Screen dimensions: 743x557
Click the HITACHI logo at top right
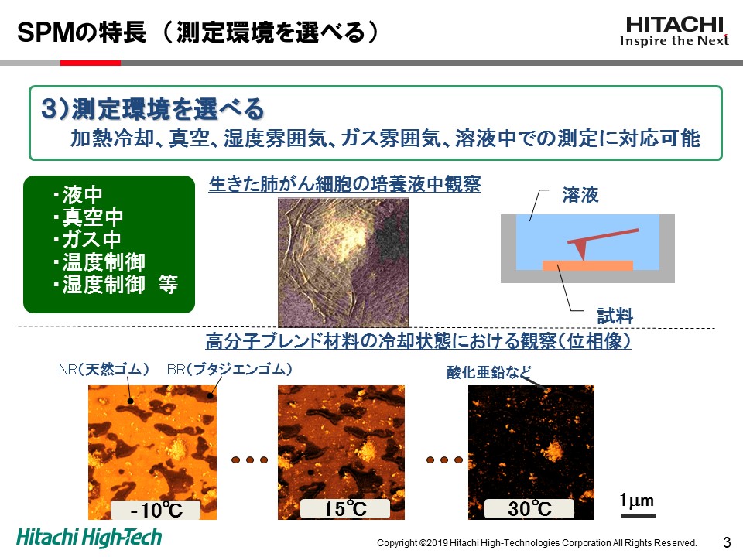tap(674, 31)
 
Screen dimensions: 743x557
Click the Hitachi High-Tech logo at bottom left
tap(89, 538)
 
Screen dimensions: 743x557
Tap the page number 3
tap(727, 542)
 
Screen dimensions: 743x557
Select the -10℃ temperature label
tap(156, 510)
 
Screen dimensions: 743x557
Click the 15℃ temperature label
tap(345, 509)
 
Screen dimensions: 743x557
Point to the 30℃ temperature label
tap(529, 509)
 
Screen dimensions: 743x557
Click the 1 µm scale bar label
tap(637, 501)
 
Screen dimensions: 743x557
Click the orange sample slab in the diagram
tap(587, 265)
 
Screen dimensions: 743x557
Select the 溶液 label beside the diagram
tap(580, 195)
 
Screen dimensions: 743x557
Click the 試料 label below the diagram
tap(615, 316)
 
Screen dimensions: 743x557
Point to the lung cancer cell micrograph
tap(343, 262)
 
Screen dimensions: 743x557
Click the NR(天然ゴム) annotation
tap(104, 370)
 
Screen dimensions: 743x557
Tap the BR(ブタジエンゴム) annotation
tap(229, 370)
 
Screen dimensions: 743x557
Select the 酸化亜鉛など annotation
tap(489, 372)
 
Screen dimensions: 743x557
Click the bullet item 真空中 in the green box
tap(88, 217)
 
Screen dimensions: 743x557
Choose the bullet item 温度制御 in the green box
tap(100, 262)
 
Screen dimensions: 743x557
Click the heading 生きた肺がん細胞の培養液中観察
tap(345, 184)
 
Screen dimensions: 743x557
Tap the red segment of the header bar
tap(91, 63)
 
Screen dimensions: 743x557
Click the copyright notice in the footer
tap(537, 543)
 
